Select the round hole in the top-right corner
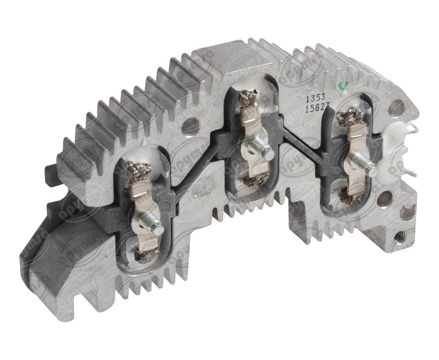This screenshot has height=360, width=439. click(395, 108)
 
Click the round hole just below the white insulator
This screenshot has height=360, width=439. click(384, 199)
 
